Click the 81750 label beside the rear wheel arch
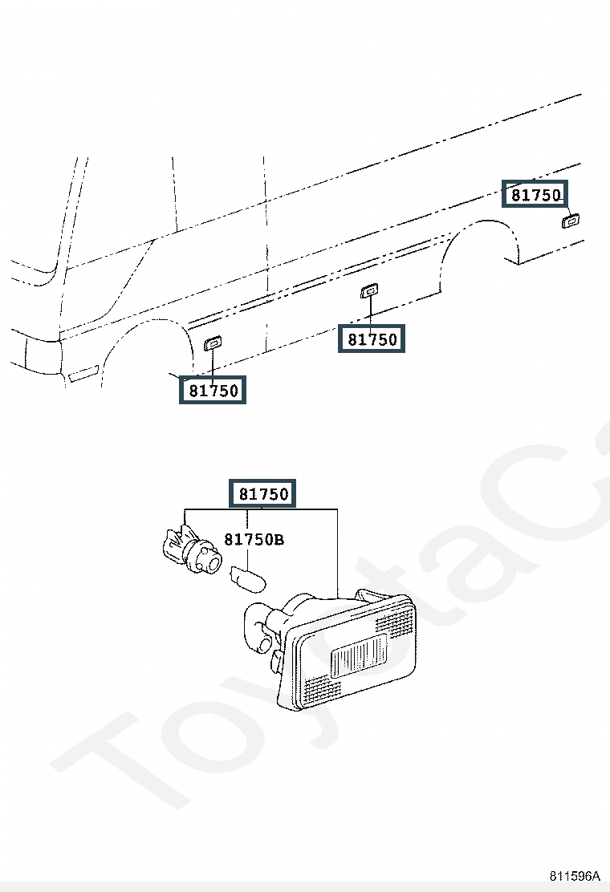(535, 195)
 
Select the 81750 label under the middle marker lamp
(372, 339)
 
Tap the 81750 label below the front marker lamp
(213, 390)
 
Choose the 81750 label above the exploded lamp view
(262, 493)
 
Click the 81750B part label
(254, 539)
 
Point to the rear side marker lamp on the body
(570, 221)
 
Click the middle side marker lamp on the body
(369, 291)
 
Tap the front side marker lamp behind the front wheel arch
(213, 343)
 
